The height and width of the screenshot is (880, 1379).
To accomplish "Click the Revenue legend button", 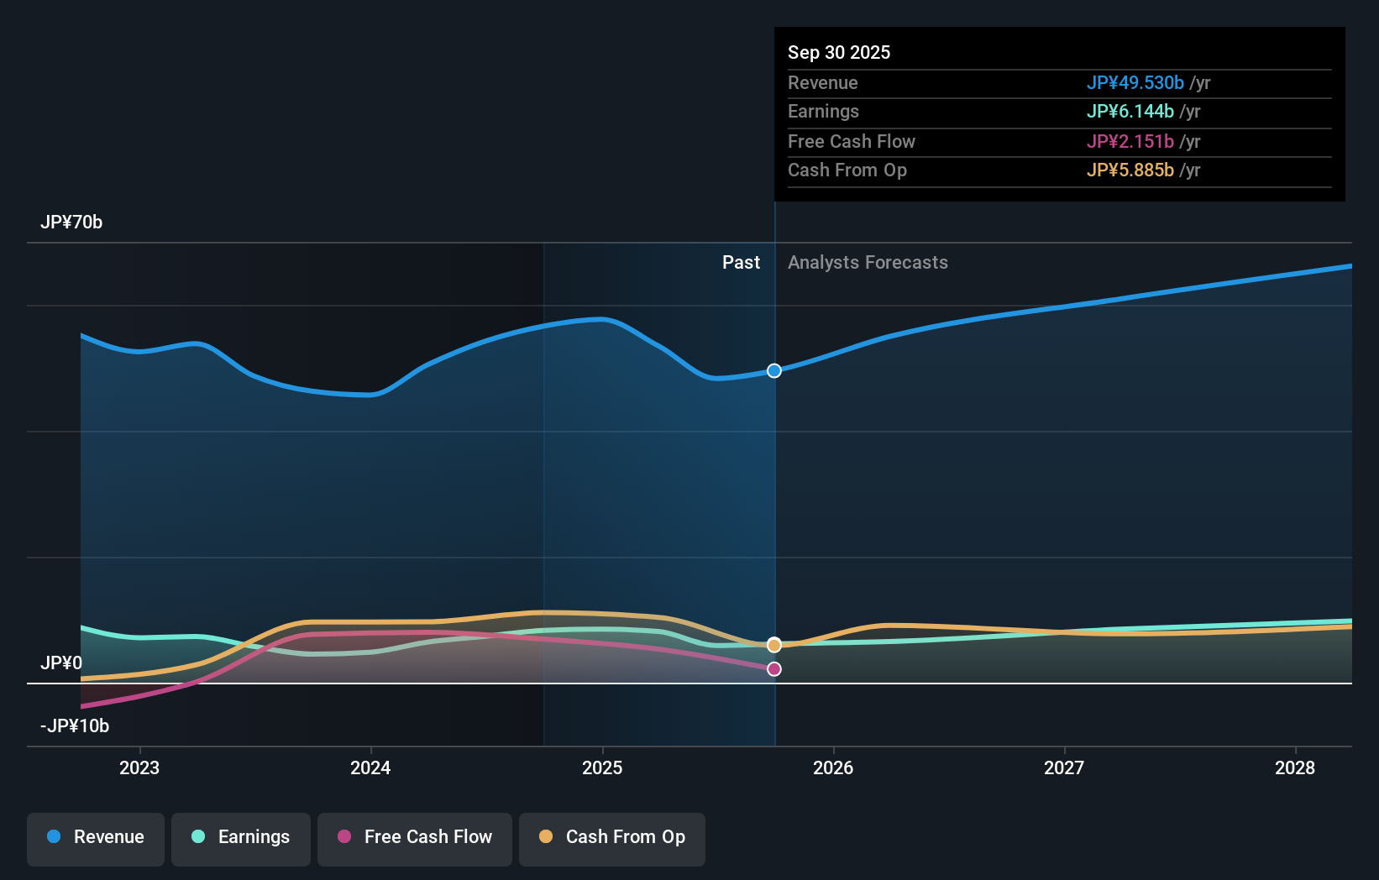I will click(x=96, y=837).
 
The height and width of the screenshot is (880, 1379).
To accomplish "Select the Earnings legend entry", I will click(x=241, y=837).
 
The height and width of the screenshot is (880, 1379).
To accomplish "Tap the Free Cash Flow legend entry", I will click(x=415, y=837).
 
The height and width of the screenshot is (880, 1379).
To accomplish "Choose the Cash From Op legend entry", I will click(x=612, y=837).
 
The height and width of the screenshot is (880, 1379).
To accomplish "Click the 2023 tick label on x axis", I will click(x=139, y=767).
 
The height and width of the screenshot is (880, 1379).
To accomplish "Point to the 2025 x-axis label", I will click(x=602, y=767).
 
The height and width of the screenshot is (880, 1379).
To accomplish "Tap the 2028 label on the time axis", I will click(x=1294, y=767).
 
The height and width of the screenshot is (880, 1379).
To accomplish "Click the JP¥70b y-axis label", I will click(x=71, y=223).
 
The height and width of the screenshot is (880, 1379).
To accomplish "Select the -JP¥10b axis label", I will click(x=75, y=725).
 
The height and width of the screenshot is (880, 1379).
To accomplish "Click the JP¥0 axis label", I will click(x=61, y=663).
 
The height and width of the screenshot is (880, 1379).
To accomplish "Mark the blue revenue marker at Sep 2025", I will click(x=774, y=370).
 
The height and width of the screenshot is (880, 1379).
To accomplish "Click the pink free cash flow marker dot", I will click(x=774, y=669).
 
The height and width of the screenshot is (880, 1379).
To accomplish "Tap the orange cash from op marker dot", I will click(x=774, y=645).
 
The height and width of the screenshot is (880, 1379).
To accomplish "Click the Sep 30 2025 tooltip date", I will click(x=838, y=52).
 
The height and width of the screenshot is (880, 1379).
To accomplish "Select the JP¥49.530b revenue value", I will click(x=1135, y=82).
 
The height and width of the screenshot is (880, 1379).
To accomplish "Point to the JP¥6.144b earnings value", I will click(x=1130, y=111).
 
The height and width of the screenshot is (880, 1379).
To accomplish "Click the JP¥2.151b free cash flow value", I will click(x=1130, y=141).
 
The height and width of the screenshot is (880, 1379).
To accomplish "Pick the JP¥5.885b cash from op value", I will click(x=1130, y=170).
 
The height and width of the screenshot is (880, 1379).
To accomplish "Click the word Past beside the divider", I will click(x=741, y=263).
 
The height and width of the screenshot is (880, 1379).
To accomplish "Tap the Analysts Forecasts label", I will click(x=868, y=263).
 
